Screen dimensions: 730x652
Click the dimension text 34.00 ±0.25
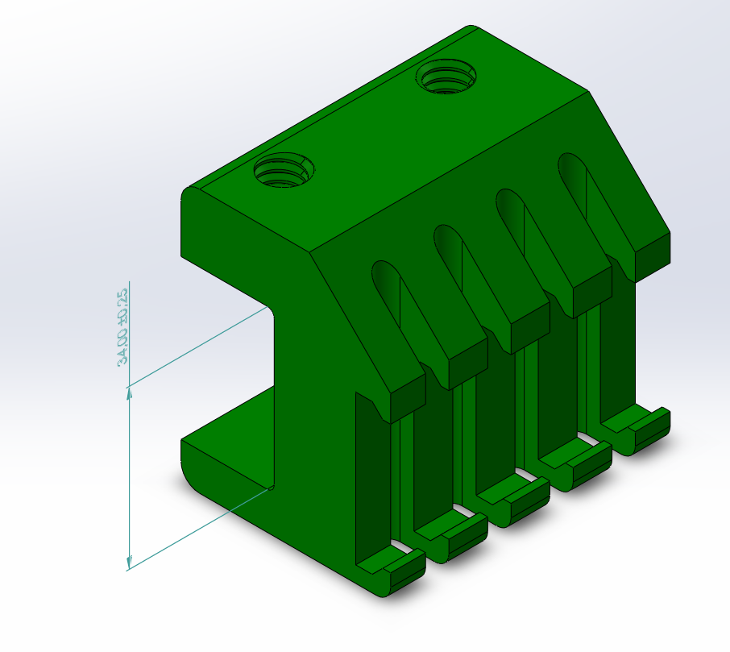click(x=122, y=328)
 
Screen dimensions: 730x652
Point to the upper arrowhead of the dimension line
click(x=130, y=394)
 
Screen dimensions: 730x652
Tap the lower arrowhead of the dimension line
click(x=130, y=562)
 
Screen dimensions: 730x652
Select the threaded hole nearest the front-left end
click(x=284, y=169)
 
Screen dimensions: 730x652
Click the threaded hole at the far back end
click(x=446, y=77)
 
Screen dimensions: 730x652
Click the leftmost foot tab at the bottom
click(x=391, y=571)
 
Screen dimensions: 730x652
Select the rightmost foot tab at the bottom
click(x=636, y=430)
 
